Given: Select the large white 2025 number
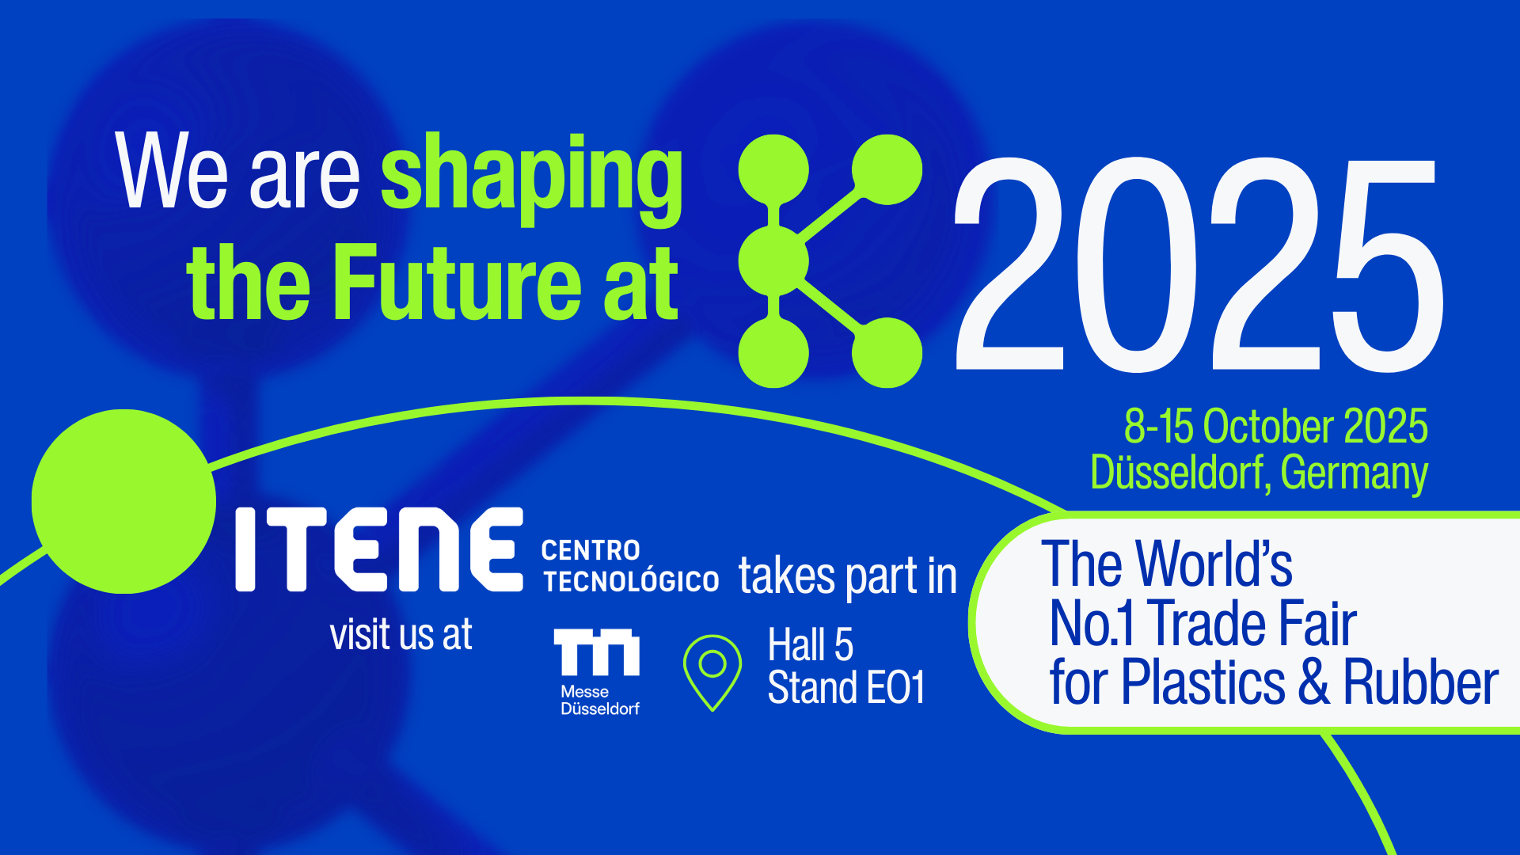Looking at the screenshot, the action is point(1199,264).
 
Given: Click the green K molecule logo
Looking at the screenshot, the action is point(830,261).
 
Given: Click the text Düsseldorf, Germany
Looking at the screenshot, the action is point(1259,473).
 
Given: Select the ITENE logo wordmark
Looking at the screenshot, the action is point(379,549).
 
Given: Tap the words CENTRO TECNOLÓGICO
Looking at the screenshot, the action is point(630,566).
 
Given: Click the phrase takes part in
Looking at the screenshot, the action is point(848,576).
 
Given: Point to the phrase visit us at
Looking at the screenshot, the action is point(401,634).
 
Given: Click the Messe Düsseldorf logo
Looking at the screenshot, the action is point(598,672).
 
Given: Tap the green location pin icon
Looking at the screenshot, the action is point(712,672).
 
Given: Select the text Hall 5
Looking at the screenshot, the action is point(811,644).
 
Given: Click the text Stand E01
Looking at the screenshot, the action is point(846,686).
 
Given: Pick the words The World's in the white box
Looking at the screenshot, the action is point(1167,563).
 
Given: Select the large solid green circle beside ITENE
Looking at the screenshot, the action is point(123,501).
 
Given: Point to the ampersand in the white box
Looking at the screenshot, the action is point(1314,681).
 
